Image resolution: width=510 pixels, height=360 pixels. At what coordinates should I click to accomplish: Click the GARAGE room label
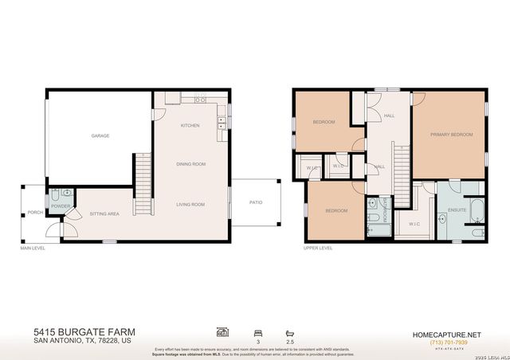[x=100, y=135]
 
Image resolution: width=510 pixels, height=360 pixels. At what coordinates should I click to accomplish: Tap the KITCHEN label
[x=190, y=126]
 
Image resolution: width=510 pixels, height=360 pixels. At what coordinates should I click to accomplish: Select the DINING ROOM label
[x=191, y=164]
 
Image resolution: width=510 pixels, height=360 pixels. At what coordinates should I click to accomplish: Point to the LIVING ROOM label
[x=191, y=204]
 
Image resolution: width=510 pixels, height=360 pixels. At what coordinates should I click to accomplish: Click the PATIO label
[x=256, y=202]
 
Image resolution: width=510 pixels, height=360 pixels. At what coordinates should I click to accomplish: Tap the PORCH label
[x=35, y=213]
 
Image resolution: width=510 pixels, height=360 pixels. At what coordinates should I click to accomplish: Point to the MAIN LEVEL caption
[x=33, y=248]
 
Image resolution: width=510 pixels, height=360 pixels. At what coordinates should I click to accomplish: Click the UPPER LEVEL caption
[x=317, y=248]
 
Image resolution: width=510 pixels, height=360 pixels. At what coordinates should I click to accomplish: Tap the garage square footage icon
[x=222, y=331]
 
